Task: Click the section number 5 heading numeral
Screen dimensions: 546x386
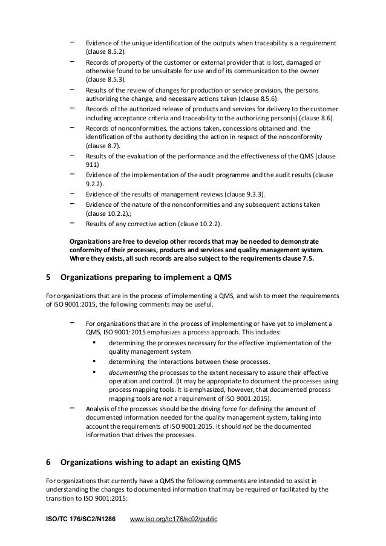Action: pos(48,278)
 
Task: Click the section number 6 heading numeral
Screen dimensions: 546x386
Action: pos(48,463)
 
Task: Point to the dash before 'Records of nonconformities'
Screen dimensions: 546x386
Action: pos(73,127)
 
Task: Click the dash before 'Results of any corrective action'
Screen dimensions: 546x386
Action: pos(73,223)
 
